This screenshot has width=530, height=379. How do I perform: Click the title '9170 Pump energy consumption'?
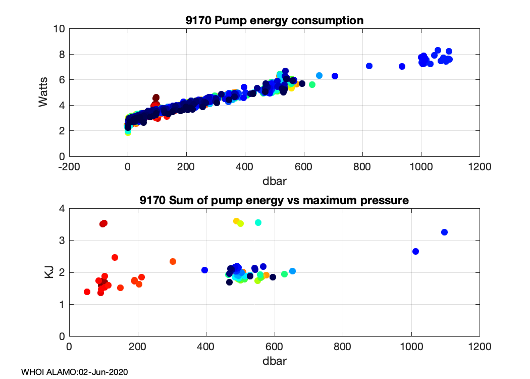tap(274, 21)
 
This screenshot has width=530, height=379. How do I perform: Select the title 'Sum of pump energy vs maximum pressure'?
tap(274, 201)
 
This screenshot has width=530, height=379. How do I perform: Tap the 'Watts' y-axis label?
tap(44, 92)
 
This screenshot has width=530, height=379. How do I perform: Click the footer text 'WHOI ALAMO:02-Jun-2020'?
tap(75, 372)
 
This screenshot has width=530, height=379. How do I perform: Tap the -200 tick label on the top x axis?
tap(69, 167)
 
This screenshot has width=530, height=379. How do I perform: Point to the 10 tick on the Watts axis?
tap(59, 29)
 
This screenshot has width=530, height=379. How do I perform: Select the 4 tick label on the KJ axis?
tap(62, 209)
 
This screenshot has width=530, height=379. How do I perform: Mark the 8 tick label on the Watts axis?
tap(62, 54)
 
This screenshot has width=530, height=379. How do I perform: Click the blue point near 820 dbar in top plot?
tap(369, 66)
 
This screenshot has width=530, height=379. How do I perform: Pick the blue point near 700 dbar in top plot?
tap(335, 76)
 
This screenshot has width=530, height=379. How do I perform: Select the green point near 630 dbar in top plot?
tap(312, 84)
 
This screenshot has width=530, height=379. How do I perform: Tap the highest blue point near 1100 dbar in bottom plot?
tap(444, 232)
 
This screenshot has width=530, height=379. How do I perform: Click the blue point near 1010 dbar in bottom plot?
tap(415, 251)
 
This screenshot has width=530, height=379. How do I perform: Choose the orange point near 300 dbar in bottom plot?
tap(173, 261)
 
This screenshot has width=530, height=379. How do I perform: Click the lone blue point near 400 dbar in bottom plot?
tap(204, 270)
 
